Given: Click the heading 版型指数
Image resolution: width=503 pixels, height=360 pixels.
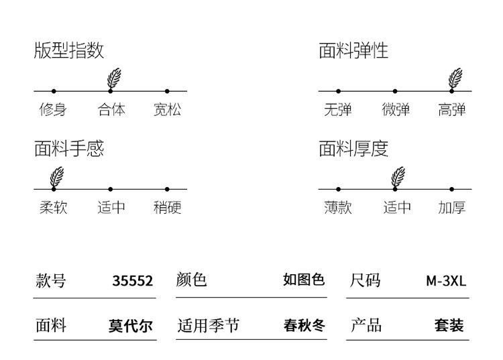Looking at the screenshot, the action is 69,50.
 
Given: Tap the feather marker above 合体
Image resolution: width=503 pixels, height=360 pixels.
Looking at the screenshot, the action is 114,78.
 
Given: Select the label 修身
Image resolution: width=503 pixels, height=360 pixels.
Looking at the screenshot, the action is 53,109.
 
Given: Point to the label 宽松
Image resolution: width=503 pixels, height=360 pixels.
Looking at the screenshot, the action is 167,109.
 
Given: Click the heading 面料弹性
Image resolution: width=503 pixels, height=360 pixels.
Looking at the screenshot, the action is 353,50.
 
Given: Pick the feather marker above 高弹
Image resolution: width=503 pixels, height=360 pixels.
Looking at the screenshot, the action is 455,78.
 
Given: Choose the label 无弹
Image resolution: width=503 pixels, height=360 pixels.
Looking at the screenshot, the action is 337,109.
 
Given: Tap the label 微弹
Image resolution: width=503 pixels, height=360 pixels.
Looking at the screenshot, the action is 396,109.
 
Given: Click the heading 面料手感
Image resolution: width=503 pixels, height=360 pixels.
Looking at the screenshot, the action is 69,148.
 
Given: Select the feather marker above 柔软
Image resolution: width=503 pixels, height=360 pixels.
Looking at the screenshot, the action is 57,177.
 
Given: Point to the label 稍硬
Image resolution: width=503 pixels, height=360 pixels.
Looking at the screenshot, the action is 167,207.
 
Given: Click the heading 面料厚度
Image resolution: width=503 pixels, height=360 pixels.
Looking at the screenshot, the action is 353,148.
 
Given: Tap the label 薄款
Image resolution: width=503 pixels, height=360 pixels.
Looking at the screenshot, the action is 337,207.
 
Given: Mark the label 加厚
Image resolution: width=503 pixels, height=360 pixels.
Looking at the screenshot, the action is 452,207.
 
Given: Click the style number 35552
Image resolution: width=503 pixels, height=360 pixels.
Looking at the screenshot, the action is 132,281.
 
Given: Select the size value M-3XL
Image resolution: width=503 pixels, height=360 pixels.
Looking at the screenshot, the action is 446,281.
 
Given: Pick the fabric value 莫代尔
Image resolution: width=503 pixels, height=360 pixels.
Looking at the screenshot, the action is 131,326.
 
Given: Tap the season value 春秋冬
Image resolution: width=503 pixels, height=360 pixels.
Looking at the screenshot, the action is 304,326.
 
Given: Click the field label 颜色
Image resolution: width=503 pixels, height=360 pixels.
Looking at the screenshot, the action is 192,280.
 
